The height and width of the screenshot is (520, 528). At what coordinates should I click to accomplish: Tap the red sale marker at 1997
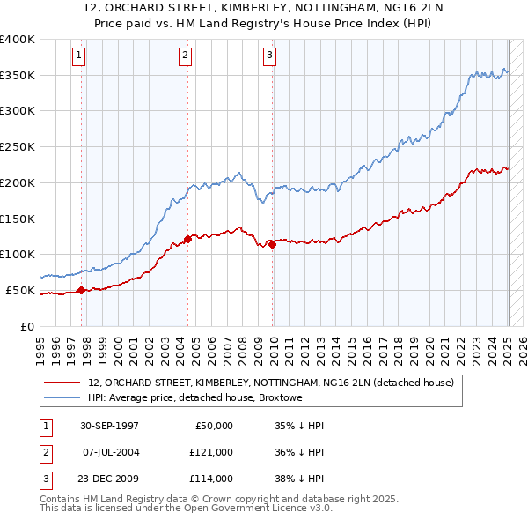[82, 289]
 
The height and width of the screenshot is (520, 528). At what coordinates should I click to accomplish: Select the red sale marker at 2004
[188, 238]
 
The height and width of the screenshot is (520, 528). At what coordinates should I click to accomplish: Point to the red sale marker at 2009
[273, 244]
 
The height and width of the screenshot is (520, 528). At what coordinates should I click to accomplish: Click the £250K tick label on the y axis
[18, 146]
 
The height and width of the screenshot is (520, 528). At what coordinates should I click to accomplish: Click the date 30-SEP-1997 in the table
[109, 426]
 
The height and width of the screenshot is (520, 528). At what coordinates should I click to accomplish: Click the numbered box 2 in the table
[45, 451]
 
